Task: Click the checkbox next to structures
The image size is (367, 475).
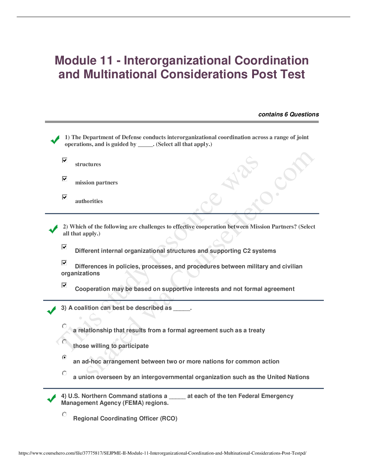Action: point(64,160)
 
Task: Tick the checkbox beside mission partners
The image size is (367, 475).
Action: point(64,179)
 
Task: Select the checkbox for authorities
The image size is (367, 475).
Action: point(64,197)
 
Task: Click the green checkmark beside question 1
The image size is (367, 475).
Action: point(55,140)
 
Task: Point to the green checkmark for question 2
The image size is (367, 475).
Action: point(53,229)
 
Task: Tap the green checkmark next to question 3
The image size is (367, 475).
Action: point(52,310)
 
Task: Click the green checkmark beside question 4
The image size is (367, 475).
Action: point(52,399)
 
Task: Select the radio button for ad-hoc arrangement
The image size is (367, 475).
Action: point(64,357)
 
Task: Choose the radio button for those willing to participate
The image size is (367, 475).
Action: point(64,342)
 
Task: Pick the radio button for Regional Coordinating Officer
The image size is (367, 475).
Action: point(64,415)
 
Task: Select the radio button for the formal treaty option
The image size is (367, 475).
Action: point(64,326)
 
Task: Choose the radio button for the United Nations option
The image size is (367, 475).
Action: point(64,373)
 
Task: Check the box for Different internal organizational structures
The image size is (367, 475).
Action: point(64,247)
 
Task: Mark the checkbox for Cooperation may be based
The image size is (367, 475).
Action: point(64,285)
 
